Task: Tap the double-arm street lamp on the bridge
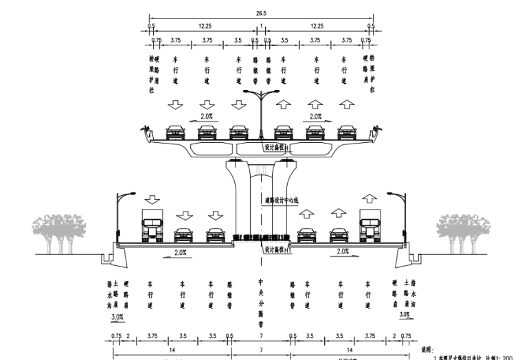(261, 110)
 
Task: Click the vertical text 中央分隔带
(261, 302)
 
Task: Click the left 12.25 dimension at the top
(204, 25)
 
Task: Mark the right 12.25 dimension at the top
(317, 25)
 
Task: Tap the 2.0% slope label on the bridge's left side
(207, 116)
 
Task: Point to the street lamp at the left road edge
(122, 213)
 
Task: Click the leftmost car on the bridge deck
(177, 131)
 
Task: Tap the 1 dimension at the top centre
(261, 25)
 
